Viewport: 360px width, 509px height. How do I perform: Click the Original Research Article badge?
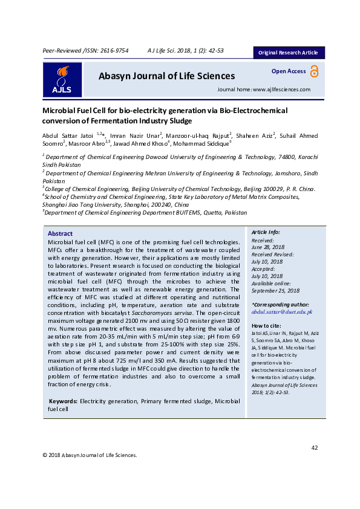coord(288,53)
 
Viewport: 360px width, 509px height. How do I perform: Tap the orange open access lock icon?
coord(313,71)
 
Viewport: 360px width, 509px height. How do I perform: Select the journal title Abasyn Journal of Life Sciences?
coord(166,76)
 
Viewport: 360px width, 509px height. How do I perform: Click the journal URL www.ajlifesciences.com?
coord(281,89)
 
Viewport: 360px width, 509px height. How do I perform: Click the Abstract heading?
coord(60,234)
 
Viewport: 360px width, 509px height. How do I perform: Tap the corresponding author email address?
coord(281,312)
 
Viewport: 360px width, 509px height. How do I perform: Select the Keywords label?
coord(62,401)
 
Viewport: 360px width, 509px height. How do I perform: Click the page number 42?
coord(314,447)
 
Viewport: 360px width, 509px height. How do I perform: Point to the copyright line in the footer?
coord(90,455)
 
